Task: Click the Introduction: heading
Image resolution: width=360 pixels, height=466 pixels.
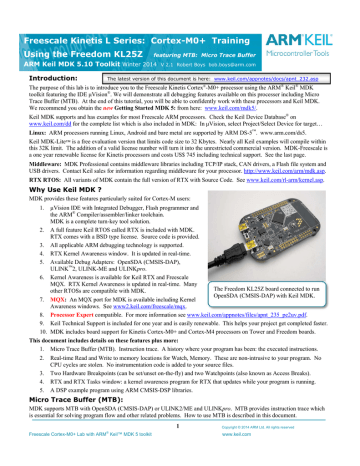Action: [37, 75]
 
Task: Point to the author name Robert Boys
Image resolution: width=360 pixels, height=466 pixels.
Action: [202, 47]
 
